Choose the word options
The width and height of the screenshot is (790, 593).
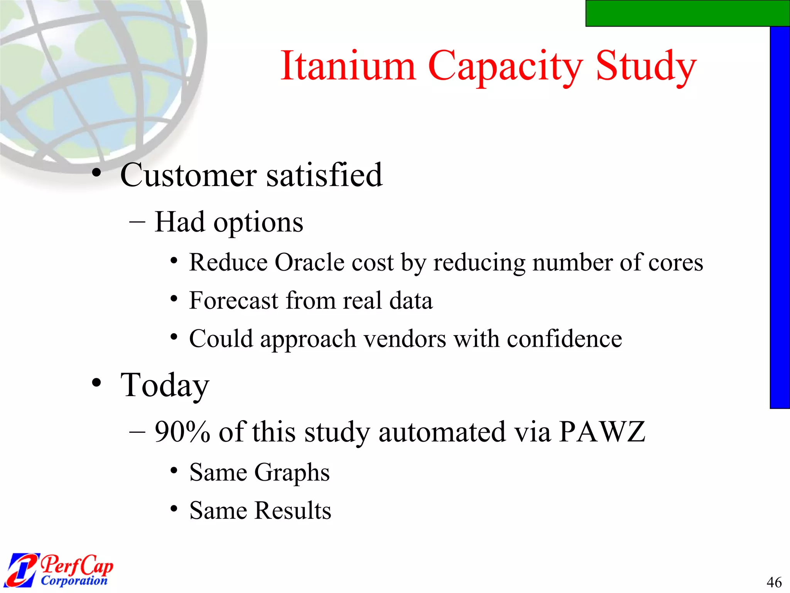click(x=258, y=223)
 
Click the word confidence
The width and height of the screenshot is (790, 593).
click(x=564, y=339)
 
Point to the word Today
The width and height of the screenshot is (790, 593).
click(x=165, y=385)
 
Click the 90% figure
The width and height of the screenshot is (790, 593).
click(x=182, y=432)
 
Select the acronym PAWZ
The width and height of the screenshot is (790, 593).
click(x=602, y=432)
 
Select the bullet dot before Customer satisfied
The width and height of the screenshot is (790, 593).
click(x=96, y=173)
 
